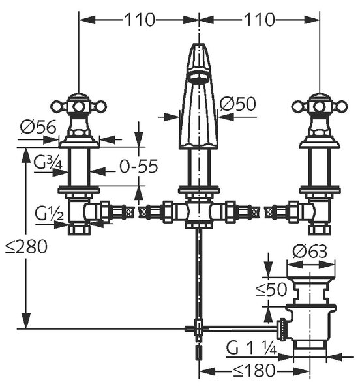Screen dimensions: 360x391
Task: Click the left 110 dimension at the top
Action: (140, 20)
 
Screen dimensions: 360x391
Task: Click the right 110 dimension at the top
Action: (260, 20)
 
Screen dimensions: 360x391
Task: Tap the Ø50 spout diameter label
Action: (238, 104)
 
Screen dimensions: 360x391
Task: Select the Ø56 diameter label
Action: (38, 127)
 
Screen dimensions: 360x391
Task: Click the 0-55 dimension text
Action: (139, 166)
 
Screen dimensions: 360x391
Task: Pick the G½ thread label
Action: (49, 214)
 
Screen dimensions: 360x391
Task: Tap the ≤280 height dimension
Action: (27, 246)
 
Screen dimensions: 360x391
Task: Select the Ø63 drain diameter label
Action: (310, 251)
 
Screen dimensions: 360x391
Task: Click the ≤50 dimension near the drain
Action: (271, 289)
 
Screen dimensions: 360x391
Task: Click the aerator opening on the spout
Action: (199, 78)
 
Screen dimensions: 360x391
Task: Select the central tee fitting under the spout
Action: (199, 212)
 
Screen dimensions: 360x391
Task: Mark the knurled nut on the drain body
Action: (282, 330)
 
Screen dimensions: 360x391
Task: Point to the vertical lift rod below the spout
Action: (199, 274)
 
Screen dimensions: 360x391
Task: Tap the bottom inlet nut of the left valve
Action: (79, 229)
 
